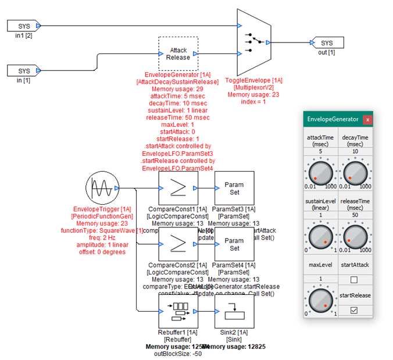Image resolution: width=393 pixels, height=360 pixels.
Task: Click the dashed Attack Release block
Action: (178, 54)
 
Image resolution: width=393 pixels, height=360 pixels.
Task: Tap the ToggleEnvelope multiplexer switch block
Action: (253, 42)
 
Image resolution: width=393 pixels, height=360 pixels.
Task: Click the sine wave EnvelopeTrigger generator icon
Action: (101, 188)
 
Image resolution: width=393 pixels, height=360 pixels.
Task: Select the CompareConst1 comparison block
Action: (178, 188)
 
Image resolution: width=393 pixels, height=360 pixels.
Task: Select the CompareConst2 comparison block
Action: (178, 244)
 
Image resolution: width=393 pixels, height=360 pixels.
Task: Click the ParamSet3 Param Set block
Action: (234, 188)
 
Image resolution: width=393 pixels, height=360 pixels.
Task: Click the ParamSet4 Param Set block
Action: (234, 244)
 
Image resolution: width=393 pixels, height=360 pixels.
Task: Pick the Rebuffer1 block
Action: (178, 312)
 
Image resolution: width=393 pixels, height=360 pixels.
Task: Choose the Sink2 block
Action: (234, 312)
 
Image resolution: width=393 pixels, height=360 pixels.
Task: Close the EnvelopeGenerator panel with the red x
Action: (367, 119)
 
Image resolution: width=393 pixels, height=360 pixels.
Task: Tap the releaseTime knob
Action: (356, 236)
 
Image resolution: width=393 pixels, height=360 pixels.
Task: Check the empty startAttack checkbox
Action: (354, 281)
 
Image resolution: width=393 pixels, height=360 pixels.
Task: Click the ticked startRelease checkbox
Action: (354, 311)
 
